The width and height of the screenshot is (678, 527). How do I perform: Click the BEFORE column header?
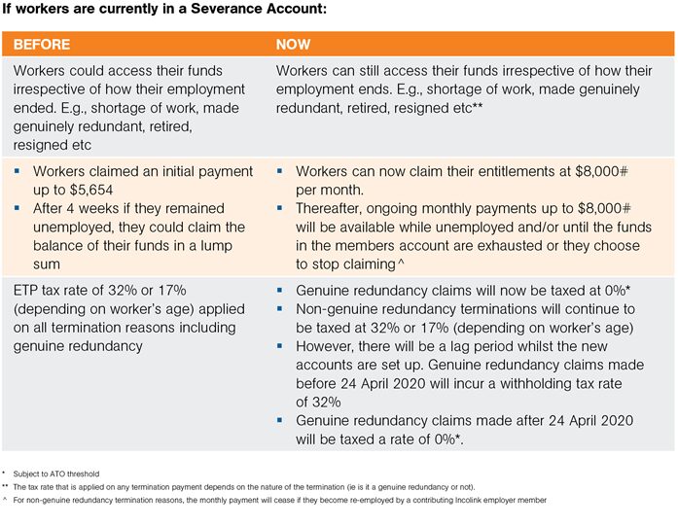pyautogui.click(x=41, y=45)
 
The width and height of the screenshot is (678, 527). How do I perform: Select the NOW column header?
pyautogui.click(x=293, y=45)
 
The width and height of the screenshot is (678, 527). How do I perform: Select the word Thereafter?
pyautogui.click(x=335, y=208)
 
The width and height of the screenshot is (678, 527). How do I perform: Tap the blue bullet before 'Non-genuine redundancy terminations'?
pyautogui.click(x=281, y=309)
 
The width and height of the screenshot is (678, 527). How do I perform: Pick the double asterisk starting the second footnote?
pyautogui.click(x=6, y=486)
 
